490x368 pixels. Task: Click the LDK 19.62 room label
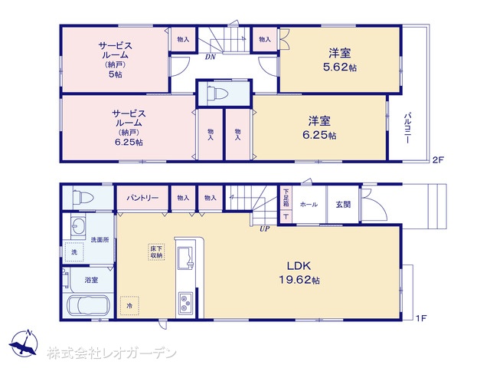pos(299,273)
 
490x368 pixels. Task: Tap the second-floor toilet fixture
pos(217,94)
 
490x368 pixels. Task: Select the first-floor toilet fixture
pos(83,198)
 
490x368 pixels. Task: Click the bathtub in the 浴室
pos(89,305)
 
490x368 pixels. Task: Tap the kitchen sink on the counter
pos(186,258)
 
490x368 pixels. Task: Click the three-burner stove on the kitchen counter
pos(186,304)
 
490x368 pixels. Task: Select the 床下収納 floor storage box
pos(156,252)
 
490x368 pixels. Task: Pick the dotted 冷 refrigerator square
pos(129,305)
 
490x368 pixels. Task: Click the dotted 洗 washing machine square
pos(74,252)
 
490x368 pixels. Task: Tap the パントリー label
pos(142,198)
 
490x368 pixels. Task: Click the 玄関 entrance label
pos(343,205)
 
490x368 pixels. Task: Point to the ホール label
pos(309,205)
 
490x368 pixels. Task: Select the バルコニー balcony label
pos(407,128)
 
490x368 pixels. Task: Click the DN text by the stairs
pos(211,58)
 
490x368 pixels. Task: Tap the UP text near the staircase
pos(264,228)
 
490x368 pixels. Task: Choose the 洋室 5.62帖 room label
pos(340,60)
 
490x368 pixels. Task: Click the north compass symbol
pos(24,343)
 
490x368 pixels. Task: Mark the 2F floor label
pos(438,159)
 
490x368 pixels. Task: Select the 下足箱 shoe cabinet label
pos(286,198)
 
